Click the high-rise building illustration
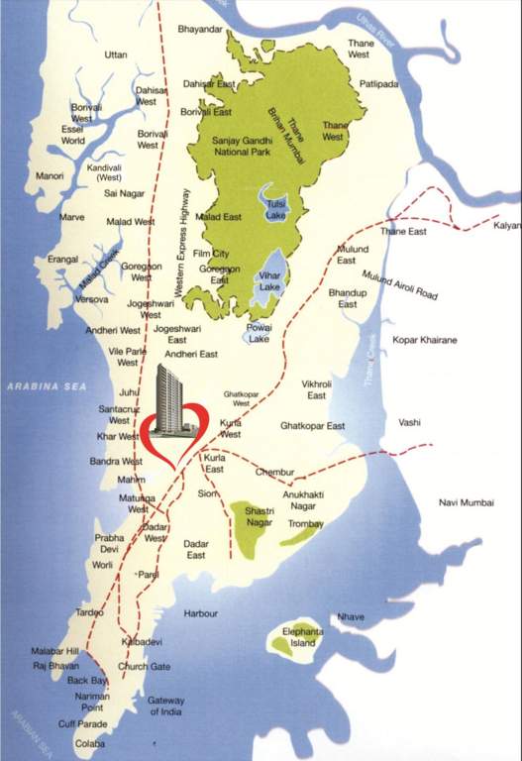click(173, 398)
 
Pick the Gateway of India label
click(166, 707)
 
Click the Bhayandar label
click(200, 31)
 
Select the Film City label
click(211, 254)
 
